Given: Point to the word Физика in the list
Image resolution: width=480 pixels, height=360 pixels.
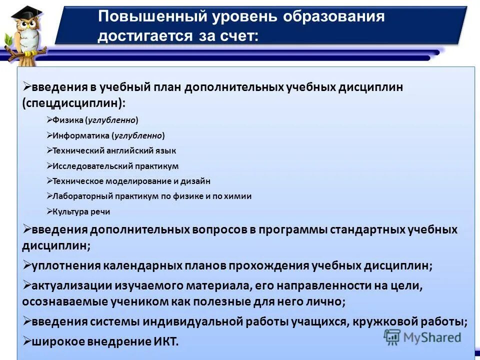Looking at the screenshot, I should click(x=67, y=120).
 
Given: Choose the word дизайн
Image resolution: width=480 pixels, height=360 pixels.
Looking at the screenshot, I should click(x=194, y=181).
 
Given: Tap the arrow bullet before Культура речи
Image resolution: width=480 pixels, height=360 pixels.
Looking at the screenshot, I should click(x=49, y=211).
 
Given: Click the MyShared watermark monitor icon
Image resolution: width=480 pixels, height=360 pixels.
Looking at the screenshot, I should click(x=392, y=336).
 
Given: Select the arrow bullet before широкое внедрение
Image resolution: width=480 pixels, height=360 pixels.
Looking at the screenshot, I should click(x=27, y=341).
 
